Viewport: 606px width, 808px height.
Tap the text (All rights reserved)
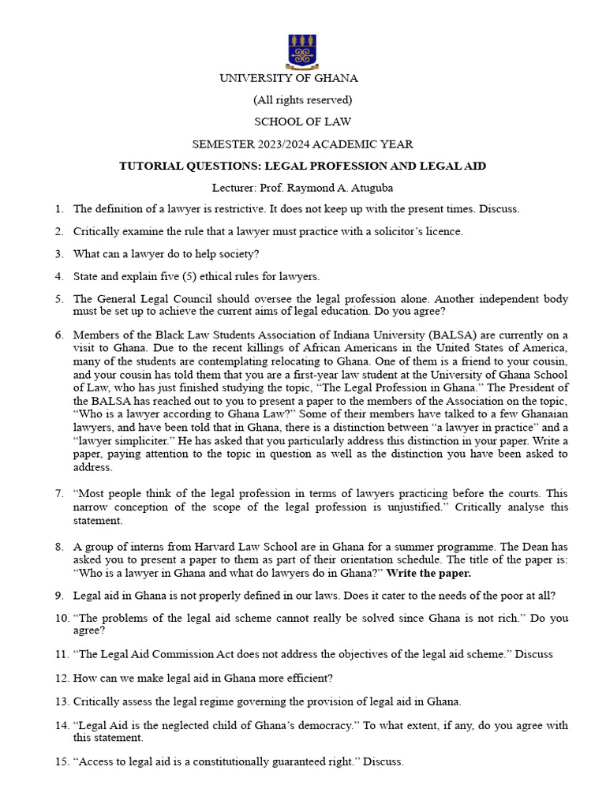point(302,100)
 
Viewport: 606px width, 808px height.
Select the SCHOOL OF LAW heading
point(302,122)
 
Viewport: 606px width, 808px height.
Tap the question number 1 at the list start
point(59,209)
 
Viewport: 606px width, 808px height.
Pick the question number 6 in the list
point(59,335)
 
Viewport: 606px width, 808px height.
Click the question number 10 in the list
point(62,618)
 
